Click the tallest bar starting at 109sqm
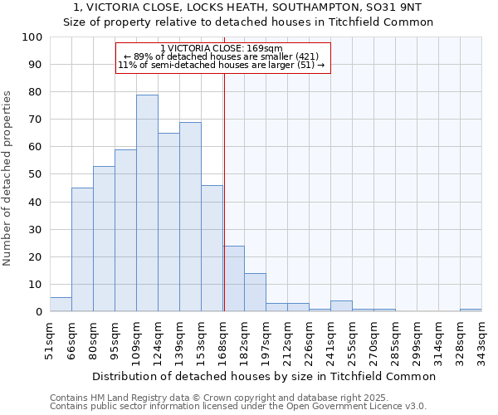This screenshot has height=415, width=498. tap(147, 203)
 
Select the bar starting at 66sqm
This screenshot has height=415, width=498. tap(82, 249)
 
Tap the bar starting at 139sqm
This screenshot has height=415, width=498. tap(190, 217)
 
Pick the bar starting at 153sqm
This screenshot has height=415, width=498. tap(212, 248)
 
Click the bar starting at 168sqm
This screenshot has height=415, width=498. tap(233, 279)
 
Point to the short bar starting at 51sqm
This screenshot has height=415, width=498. tap(61, 305)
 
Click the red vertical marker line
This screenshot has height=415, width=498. tap(224, 191)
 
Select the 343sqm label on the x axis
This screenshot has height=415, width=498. tap(481, 339)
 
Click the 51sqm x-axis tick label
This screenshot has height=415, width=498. tap(50, 339)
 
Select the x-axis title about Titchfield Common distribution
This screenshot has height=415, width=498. tap(264, 376)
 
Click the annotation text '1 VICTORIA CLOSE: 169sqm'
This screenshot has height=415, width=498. tap(222, 49)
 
